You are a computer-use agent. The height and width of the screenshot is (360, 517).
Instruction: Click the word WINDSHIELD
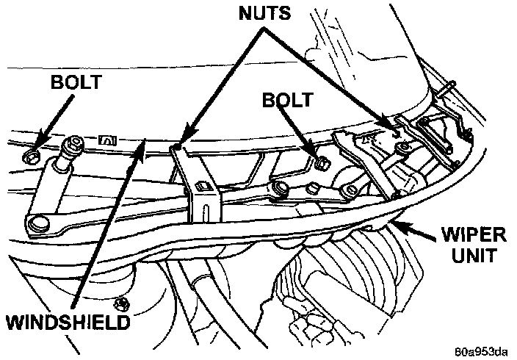(x=65, y=321)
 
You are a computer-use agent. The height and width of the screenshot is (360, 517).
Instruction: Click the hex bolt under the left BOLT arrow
(x=30, y=156)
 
